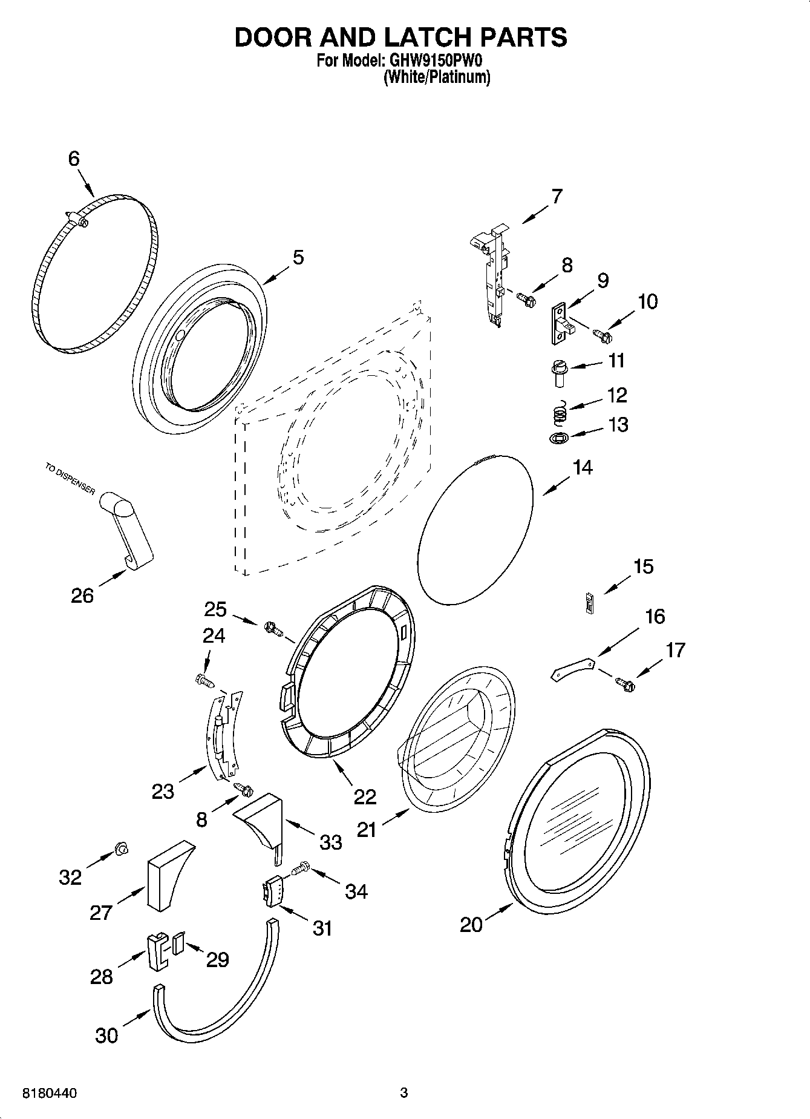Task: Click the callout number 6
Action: click(73, 159)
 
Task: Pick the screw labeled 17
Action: click(625, 684)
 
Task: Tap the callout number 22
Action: click(365, 796)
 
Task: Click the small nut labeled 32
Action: click(121, 850)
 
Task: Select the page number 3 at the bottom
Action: click(404, 1093)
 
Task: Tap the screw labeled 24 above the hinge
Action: click(203, 681)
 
